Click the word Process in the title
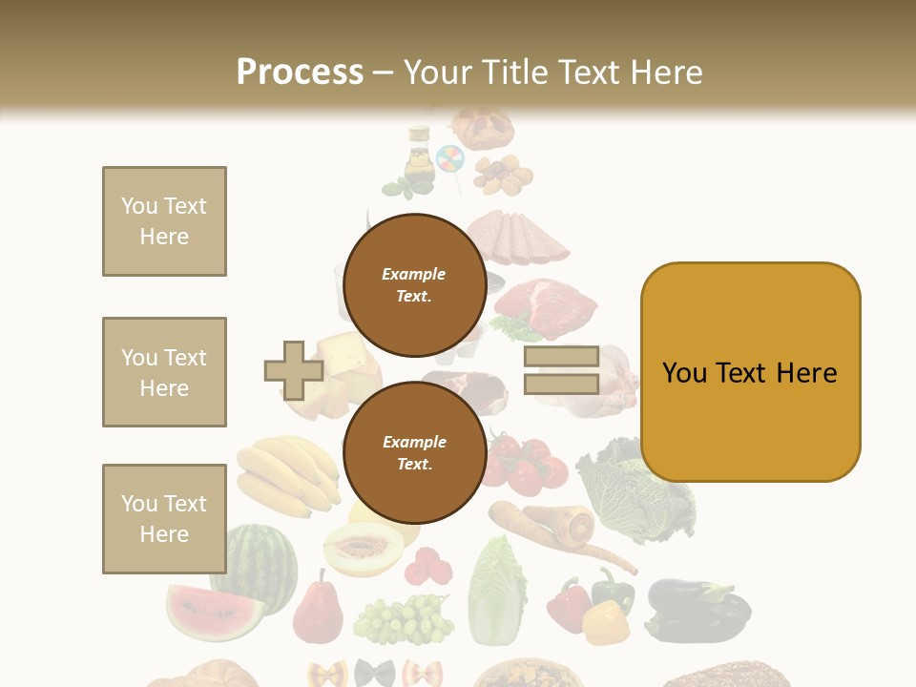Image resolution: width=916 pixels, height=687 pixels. point(300,73)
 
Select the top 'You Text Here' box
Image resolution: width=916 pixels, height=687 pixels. point(164,221)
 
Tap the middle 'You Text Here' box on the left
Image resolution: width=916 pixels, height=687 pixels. point(164,372)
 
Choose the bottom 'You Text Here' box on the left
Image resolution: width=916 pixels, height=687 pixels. point(164,519)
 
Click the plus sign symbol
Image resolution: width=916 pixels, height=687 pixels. point(294,370)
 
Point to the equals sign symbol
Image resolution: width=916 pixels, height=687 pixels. point(561,370)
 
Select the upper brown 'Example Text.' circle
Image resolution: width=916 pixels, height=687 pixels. point(414,284)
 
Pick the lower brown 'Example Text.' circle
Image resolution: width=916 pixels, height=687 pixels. point(414,452)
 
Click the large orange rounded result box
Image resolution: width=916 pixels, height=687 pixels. point(750,372)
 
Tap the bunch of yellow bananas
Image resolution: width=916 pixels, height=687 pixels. point(286,473)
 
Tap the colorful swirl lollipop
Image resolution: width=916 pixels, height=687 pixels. point(449,159)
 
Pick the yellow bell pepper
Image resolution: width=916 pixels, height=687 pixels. point(605,621)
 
